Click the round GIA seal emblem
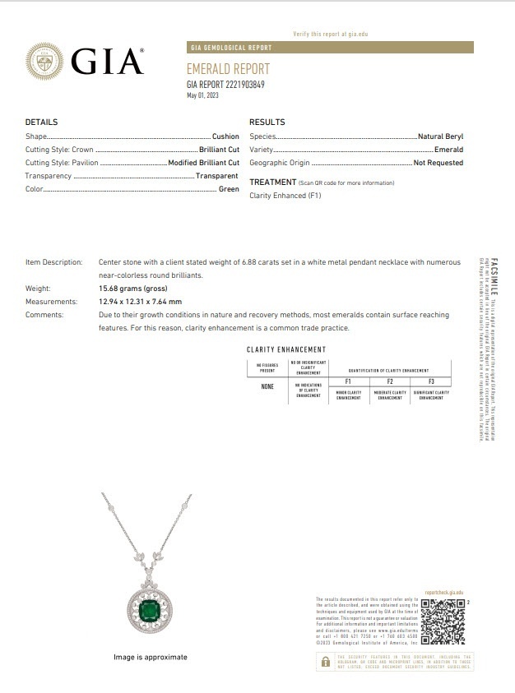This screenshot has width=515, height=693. coord(44,62)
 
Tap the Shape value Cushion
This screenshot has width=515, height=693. coord(225,136)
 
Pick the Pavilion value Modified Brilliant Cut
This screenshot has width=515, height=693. coord(203,163)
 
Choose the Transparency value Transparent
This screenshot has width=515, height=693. coord(217,176)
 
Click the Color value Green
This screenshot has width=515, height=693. coord(229,189)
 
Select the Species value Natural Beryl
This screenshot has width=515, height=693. coord(440,136)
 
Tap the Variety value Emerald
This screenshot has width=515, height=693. coord(448,150)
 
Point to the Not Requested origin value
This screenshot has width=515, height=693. coord(438,163)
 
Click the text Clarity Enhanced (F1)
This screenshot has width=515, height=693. coord(285,196)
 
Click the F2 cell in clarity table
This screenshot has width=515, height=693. coord(389,381)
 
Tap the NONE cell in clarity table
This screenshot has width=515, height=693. coord(267,386)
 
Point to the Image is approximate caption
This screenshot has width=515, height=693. coord(151,657)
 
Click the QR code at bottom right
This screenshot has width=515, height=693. coord(443,621)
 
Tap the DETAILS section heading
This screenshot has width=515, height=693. coord(41,122)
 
